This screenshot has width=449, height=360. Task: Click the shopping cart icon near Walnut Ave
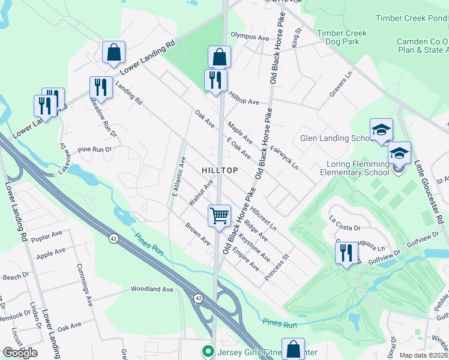pos(219,215)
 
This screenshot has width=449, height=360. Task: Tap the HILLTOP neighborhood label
pos(220,170)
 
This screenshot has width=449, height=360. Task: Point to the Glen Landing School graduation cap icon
pos(381,130)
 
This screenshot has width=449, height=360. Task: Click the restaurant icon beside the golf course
pos(346,252)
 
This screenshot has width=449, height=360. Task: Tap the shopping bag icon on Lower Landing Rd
pos(113,52)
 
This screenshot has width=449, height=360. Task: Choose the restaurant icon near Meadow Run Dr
pos(100,88)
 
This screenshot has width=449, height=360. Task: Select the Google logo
pos(20,352)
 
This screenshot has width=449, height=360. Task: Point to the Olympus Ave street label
pos(250,37)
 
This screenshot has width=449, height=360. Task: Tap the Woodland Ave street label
pos(152,289)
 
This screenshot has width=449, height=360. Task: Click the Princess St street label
pos(277,268)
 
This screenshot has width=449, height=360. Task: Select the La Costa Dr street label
pos(345,228)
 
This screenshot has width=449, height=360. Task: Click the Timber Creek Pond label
pos(412,18)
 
